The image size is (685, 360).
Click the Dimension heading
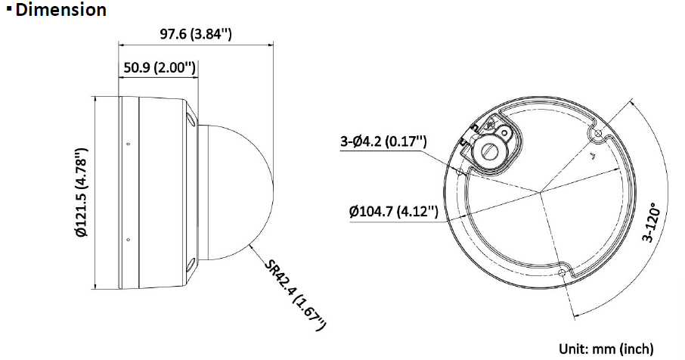click(x=60, y=10)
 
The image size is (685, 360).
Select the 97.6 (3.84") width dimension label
click(x=195, y=34)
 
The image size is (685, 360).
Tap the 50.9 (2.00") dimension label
click(x=159, y=68)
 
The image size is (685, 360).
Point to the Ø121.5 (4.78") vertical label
click(x=82, y=192)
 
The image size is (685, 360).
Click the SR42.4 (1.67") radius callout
click(x=296, y=295)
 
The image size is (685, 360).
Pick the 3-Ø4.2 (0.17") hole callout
click(x=383, y=141)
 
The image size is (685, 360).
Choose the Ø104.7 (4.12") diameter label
click(x=393, y=212)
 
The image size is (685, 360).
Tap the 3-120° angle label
click(x=652, y=222)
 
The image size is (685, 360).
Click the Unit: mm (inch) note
click(x=606, y=349)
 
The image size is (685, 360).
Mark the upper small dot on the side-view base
click(x=128, y=144)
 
